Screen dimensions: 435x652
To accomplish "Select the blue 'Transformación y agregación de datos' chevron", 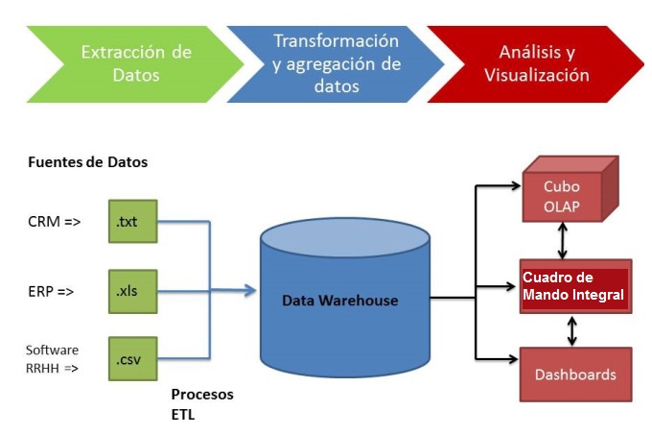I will coord(335,63).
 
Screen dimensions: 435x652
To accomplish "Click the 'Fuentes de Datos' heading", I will coord(88,162).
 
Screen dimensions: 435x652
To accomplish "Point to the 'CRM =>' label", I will coord(54,223).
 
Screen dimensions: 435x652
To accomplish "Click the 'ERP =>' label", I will coord(52,289).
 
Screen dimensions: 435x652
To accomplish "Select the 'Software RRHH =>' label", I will coord(52,358).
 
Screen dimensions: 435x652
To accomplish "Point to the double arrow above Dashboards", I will coord(573,331).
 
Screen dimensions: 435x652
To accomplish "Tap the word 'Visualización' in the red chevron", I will coord(537,75).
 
